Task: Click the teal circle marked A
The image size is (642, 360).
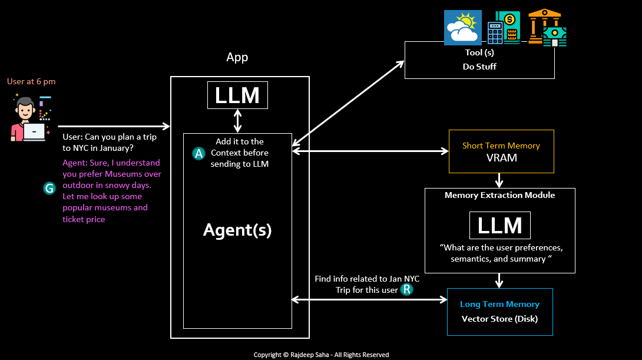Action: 199,153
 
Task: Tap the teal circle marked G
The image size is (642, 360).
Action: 49,188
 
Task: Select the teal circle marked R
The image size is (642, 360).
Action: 406,289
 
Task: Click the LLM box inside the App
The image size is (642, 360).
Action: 237,95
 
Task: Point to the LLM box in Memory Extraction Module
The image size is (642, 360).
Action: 499,226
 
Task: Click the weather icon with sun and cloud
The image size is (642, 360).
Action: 462,28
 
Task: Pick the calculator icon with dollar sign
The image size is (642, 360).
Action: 504,28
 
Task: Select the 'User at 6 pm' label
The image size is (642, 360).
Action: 31,82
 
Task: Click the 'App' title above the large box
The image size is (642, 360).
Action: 237,57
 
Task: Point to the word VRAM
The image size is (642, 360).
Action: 501,158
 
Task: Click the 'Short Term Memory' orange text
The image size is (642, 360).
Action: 501,146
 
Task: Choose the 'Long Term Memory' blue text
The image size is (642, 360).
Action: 499,305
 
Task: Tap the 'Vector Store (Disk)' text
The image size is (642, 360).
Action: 499,319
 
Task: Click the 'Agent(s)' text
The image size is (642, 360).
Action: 237,230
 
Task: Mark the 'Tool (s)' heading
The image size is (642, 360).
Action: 479,53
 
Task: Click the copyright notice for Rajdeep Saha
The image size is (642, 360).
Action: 321,355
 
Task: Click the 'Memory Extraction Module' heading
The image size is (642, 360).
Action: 499,195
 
